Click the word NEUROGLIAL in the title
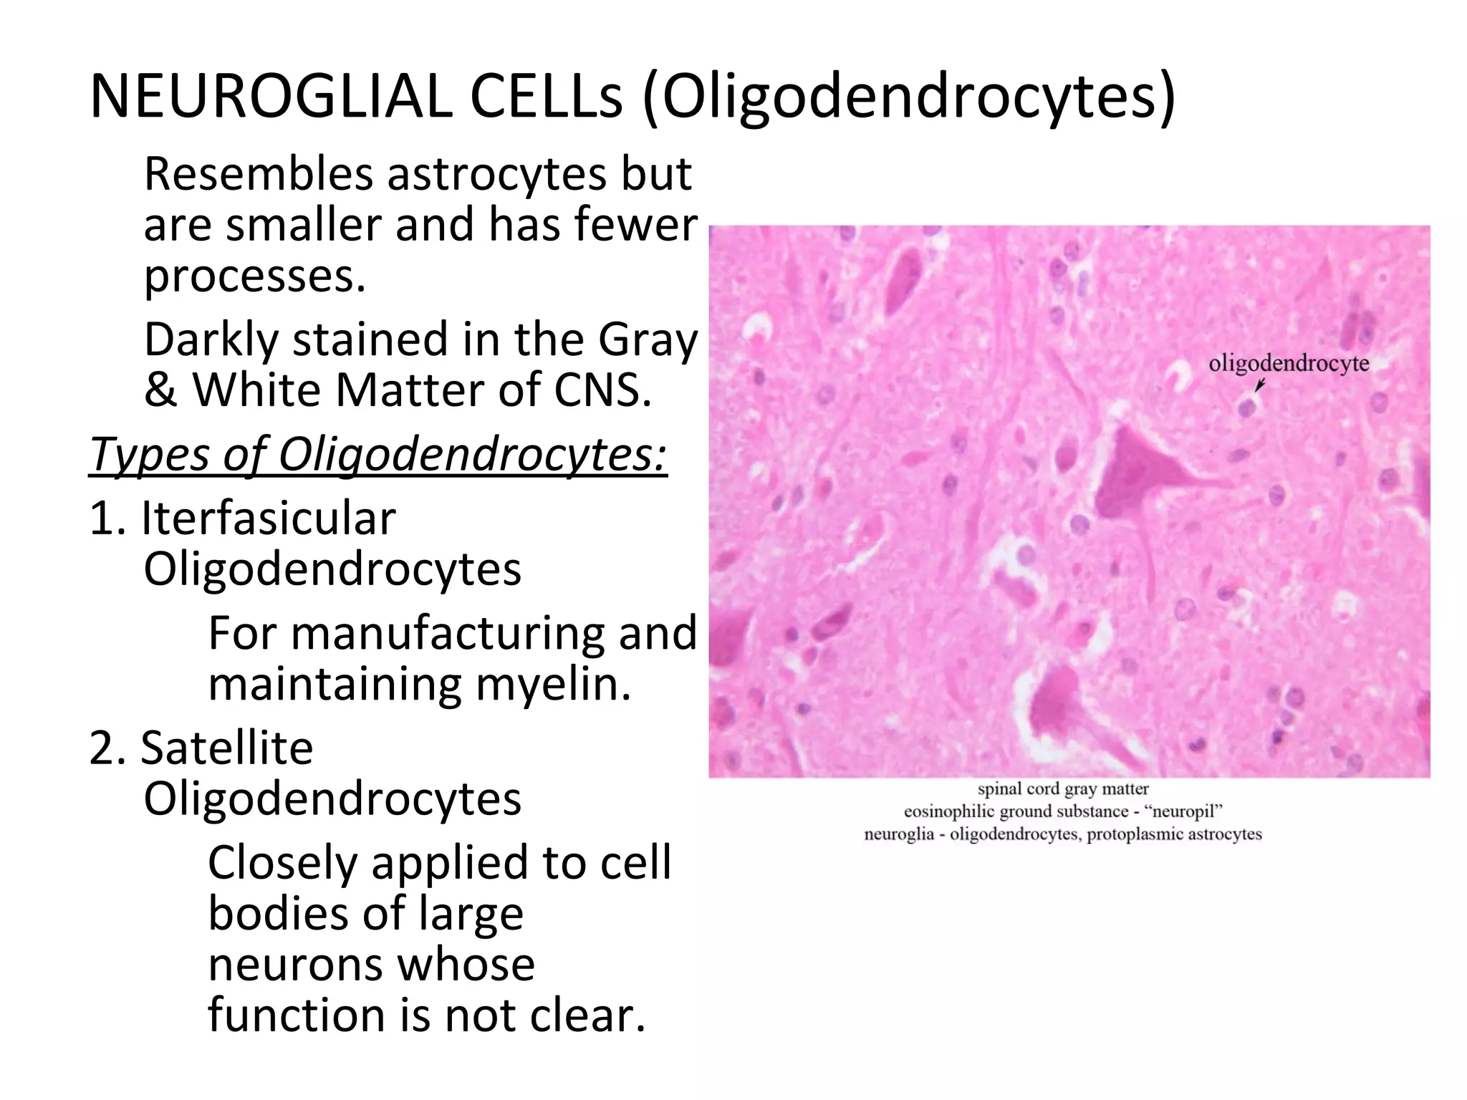pyautogui.click(x=271, y=97)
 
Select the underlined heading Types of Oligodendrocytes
pyautogui.click(x=377, y=455)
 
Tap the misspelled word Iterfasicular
pyautogui.click(x=268, y=518)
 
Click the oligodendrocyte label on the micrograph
pyautogui.click(x=1288, y=364)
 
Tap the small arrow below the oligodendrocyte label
pyautogui.click(x=1260, y=386)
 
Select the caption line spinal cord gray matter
pyautogui.click(x=1063, y=789)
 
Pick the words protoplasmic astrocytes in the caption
pyautogui.click(x=1174, y=834)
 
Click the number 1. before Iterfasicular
pyautogui.click(x=107, y=518)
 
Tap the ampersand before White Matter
pyautogui.click(x=160, y=391)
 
